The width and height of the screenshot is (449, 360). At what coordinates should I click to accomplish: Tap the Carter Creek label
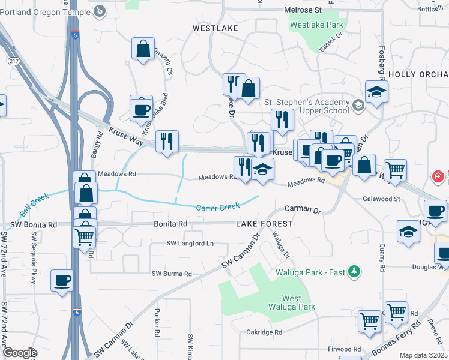point(218,208)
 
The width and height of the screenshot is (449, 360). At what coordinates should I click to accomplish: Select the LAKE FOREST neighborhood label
point(264,224)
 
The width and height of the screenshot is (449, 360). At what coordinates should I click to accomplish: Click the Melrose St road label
point(303,11)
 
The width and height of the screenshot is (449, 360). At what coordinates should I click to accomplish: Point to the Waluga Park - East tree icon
point(355,272)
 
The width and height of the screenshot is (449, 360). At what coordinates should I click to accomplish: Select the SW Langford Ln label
point(190,244)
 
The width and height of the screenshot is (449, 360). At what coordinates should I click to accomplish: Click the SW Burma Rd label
point(172,274)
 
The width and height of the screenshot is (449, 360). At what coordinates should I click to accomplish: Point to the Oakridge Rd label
point(264,332)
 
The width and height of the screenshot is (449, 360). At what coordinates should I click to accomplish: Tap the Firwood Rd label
point(345,349)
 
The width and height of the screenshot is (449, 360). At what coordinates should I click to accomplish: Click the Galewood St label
point(381,198)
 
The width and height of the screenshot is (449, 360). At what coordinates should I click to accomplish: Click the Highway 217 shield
point(13,61)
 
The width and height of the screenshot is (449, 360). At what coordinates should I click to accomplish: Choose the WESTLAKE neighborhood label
point(215,28)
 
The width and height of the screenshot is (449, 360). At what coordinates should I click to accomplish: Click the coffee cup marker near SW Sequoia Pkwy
point(62,280)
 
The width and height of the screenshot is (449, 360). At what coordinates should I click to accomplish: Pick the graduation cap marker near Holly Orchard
point(376,92)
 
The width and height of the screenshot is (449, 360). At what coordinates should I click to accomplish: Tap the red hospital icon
point(439,177)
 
